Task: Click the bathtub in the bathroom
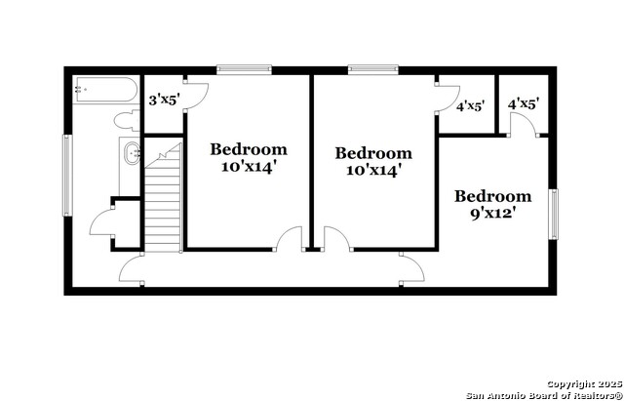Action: click(x=106, y=90)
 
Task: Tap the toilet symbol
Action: click(x=127, y=120)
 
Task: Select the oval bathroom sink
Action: click(x=132, y=153)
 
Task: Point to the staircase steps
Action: click(x=163, y=198)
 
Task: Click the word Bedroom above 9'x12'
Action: click(x=492, y=196)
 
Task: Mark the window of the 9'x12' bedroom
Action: click(x=553, y=215)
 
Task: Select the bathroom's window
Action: click(x=67, y=176)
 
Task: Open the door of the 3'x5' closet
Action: click(x=196, y=96)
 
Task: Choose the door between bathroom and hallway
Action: click(x=132, y=268)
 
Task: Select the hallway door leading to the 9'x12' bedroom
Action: click(x=411, y=268)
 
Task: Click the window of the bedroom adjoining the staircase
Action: click(x=244, y=69)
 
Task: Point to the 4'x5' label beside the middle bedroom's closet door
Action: click(x=470, y=106)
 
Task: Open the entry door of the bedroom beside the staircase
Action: click(x=290, y=239)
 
